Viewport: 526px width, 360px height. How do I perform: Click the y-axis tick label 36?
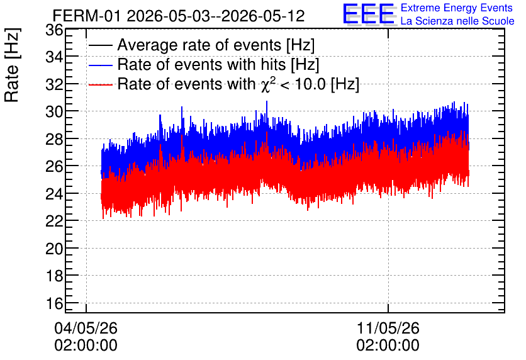(54, 30)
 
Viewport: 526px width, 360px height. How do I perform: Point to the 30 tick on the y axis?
(54, 111)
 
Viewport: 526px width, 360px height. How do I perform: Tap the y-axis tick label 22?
(54, 221)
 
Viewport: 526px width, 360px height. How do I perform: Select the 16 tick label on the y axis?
(54, 303)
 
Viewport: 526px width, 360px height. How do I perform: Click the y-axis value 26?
(54, 166)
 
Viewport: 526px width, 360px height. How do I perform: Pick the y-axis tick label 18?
(54, 276)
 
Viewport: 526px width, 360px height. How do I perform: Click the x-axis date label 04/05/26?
(86, 328)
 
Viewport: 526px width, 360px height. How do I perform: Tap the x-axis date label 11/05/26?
(388, 328)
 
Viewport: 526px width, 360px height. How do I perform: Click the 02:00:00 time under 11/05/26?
(388, 346)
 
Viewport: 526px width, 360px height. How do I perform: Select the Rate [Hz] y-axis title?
(12, 65)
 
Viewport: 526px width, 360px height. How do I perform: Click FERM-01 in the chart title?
(87, 16)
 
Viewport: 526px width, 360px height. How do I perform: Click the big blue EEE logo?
(369, 13)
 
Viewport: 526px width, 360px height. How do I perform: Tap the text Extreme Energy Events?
(457, 8)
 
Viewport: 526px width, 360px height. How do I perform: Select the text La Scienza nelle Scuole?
(457, 21)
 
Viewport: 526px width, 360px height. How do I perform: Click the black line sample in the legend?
(100, 45)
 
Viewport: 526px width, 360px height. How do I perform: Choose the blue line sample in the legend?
(100, 65)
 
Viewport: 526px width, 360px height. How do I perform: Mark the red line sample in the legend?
(100, 84)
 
